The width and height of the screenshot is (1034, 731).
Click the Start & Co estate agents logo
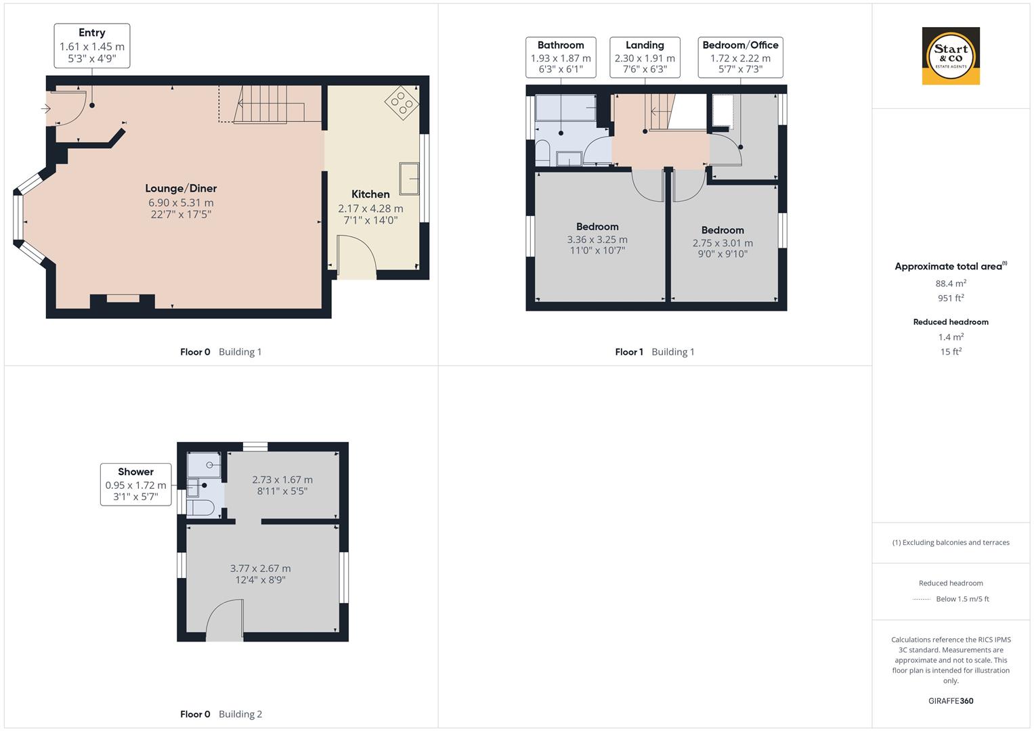[x=951, y=56]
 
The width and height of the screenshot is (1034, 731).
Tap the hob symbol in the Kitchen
[x=402, y=102]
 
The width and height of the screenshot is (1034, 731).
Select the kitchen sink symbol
[x=409, y=179]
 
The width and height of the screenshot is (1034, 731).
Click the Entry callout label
[x=92, y=46]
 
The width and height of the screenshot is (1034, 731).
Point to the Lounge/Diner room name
[x=181, y=188]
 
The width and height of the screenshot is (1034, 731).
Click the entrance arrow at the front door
[x=47, y=109]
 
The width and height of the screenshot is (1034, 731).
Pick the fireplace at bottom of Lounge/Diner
[x=123, y=299]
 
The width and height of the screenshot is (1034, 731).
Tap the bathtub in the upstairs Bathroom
[x=565, y=108]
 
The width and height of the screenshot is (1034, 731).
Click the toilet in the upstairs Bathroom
[x=542, y=152]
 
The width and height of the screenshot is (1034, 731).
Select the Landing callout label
[x=645, y=57]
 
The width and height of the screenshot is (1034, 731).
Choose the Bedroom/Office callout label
[x=740, y=57]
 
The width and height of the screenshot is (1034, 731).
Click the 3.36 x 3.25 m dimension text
[x=597, y=240]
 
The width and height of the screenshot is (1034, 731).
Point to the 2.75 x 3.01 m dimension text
[x=723, y=243]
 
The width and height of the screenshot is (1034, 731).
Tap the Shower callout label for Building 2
[x=135, y=484]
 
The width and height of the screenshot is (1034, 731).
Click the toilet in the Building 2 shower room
[x=201, y=508]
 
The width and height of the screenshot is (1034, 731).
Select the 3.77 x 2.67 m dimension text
[x=261, y=569]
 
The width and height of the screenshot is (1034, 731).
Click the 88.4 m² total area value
[x=951, y=284]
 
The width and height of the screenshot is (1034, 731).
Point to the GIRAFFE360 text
[x=951, y=701]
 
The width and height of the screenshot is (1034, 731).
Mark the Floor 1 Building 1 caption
[x=654, y=352]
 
